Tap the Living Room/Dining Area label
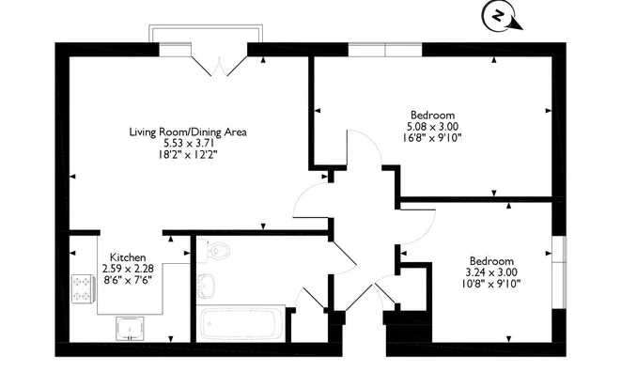tap(188, 132)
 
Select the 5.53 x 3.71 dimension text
tap(188, 143)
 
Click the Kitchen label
tap(128, 257)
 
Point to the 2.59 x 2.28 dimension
tap(128, 269)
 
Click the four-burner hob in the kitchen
tap(84, 289)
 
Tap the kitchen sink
tap(130, 329)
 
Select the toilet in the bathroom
tap(213, 251)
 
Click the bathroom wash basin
tap(207, 285)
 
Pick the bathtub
tap(241, 324)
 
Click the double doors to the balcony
tap(219, 66)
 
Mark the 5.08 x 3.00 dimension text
tap(432, 127)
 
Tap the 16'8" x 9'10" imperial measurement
tap(432, 138)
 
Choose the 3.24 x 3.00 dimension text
tap(491, 272)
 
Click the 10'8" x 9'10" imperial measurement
tap(491, 284)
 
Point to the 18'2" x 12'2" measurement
tap(188, 154)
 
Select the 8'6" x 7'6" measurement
tap(128, 280)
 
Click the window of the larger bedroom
tap(385, 50)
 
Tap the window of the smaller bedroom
tap(559, 271)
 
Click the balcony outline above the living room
tap(206, 25)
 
